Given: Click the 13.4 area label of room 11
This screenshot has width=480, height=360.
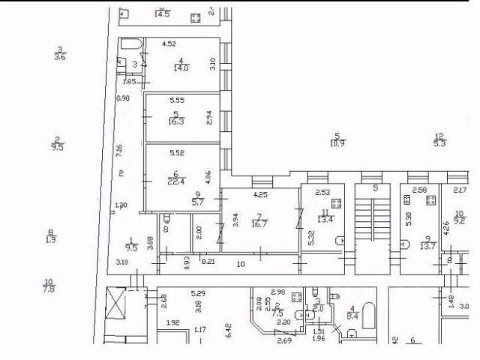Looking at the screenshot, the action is click(325, 219).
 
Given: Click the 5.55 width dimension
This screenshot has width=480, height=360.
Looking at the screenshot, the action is click(177, 100).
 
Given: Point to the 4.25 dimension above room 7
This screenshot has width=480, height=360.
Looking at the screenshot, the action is click(260, 196).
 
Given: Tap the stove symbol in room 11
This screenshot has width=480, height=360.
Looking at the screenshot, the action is click(337, 202).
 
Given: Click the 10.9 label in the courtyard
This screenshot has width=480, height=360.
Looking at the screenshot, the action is click(337, 143).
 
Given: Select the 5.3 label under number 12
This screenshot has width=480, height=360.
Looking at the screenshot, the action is click(440, 142).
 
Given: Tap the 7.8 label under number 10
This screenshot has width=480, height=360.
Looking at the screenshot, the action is click(49, 289).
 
